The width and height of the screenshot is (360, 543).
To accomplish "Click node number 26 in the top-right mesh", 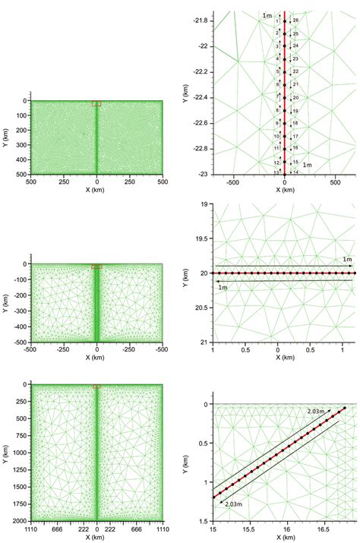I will (x=295, y=20).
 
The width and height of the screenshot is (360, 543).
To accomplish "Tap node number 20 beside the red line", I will (x=295, y=97).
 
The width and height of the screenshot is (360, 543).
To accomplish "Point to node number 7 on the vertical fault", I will (x=277, y=96).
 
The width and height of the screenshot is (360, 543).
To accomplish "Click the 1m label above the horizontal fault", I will (x=346, y=260).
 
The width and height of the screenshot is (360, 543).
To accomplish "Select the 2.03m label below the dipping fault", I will (x=233, y=503).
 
